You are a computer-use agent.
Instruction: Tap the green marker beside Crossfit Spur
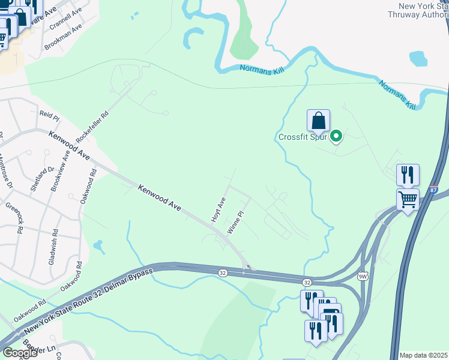coord(337,137)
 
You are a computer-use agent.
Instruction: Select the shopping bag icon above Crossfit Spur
coord(318,120)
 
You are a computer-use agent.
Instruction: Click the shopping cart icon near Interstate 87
coord(408,199)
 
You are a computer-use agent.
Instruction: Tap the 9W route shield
coord(362,276)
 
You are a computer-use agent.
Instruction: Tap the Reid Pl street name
coord(49,114)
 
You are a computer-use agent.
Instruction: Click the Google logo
coord(20,353)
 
